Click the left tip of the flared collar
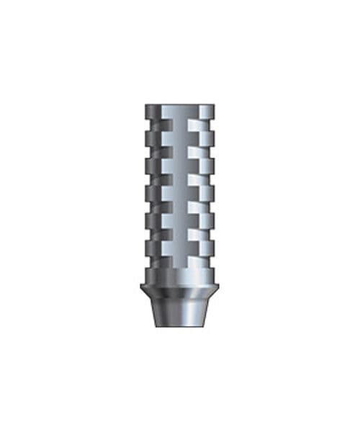point(141,287)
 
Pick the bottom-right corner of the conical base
point(205,326)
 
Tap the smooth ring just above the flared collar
point(179,274)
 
